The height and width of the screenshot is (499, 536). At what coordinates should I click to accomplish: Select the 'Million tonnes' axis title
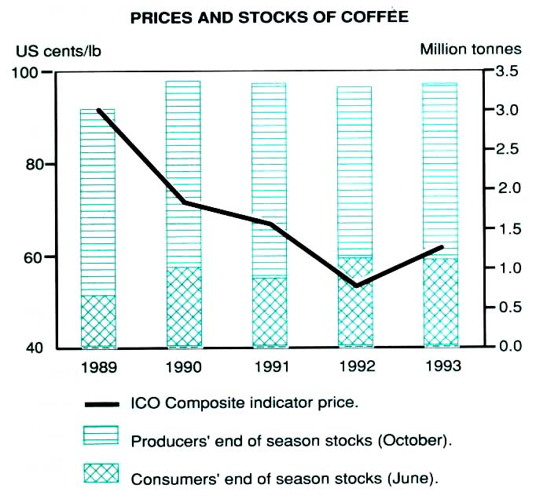point(470,49)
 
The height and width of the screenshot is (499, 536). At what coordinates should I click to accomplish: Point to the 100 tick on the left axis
point(26,72)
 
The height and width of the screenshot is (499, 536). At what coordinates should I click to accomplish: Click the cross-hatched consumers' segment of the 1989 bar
point(97,321)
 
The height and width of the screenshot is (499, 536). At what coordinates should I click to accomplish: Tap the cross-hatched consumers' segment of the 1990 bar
point(183,307)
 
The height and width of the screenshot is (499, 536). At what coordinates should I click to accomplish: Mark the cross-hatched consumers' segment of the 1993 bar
point(440,302)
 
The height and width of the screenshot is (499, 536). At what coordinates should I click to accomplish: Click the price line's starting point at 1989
point(98,111)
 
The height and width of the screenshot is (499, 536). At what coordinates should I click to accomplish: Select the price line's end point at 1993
point(441,247)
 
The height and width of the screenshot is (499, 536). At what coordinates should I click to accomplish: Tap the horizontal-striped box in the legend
point(101,436)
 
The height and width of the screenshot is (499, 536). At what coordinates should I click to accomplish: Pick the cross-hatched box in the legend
point(101,474)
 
